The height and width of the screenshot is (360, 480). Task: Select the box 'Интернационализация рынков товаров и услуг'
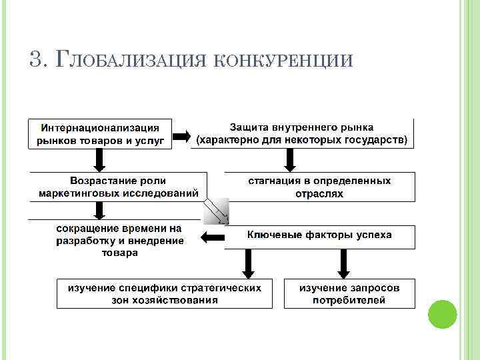click(99, 133)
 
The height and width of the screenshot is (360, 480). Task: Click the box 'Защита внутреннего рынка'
click(301, 133)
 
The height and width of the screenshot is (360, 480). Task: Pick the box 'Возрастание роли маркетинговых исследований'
click(118, 187)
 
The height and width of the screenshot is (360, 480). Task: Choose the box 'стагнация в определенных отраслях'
click(319, 187)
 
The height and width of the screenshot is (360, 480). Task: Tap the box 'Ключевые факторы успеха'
click(319, 236)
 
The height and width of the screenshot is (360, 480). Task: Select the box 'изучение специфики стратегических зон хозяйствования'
click(165, 293)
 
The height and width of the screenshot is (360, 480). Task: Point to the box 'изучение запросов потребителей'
click(349, 293)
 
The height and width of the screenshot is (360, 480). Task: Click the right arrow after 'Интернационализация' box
click(181, 138)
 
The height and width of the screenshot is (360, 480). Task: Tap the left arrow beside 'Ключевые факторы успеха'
click(213, 237)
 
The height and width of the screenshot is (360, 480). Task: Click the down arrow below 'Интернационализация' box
click(99, 159)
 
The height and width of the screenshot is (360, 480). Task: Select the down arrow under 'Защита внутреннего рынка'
click(290, 159)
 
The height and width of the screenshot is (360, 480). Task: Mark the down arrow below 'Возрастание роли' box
click(100, 211)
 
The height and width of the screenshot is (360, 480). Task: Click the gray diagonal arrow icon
click(216, 211)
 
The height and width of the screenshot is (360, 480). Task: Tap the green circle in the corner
click(441, 314)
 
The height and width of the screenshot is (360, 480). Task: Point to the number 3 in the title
click(35, 59)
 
